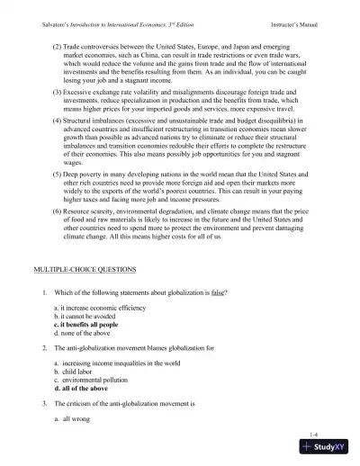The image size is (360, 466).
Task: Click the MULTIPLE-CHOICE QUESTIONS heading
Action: [81, 269]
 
